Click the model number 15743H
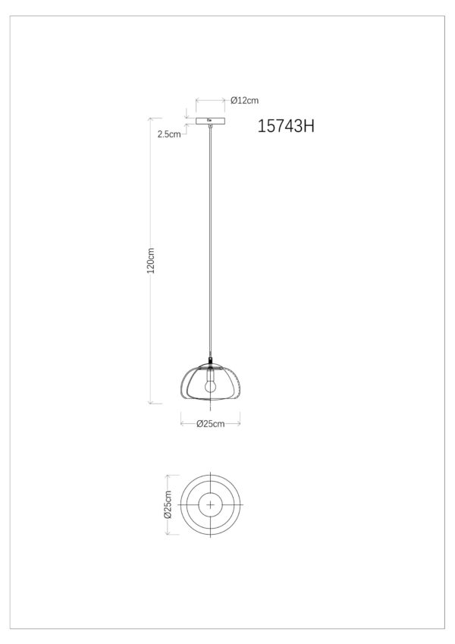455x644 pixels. tap(286, 126)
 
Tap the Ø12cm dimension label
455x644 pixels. tap(244, 100)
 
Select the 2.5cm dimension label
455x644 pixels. tap(169, 134)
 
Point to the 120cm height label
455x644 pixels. tap(151, 260)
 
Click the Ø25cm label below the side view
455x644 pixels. tap(210, 424)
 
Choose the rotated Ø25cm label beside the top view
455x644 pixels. tap(168, 504)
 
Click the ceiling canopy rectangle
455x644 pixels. tap(210, 121)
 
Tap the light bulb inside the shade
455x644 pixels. tap(210, 383)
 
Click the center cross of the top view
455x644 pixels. tap(210, 504)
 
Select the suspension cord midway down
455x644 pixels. tap(210, 242)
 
